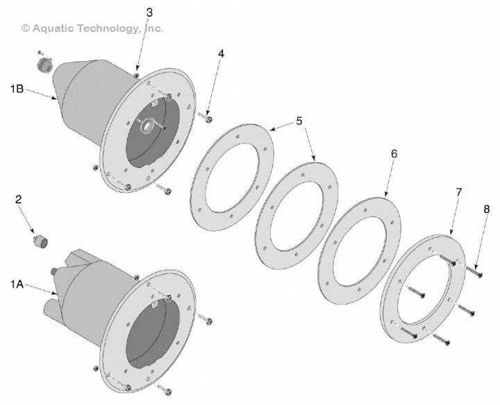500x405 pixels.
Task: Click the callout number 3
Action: tap(150, 12)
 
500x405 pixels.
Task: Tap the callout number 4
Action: tap(221, 53)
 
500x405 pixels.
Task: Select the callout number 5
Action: tap(299, 121)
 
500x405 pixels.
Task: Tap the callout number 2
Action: tap(19, 199)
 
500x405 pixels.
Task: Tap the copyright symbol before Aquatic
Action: tap(26, 28)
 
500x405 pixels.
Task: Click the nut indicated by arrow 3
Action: tap(137, 74)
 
